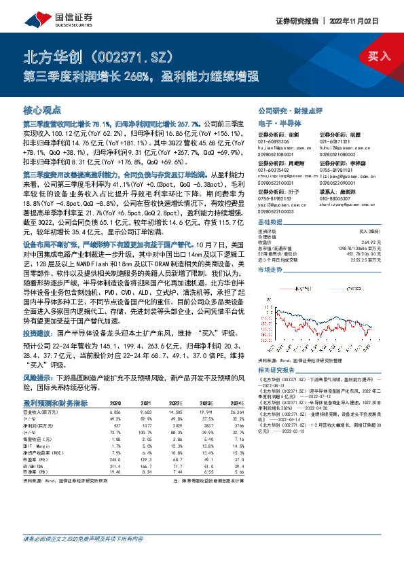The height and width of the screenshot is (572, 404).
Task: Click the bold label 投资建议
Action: pos(37,334)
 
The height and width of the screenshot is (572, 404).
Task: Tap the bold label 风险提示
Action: pos(37,376)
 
